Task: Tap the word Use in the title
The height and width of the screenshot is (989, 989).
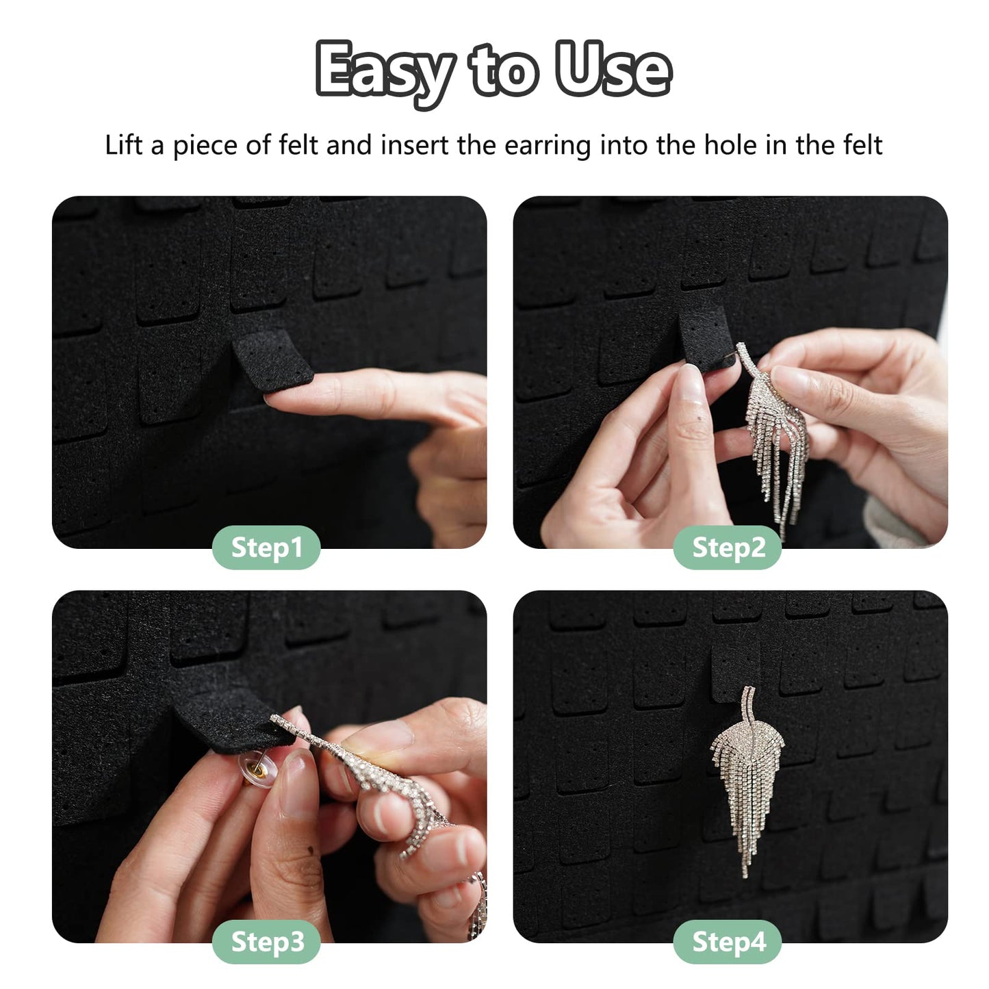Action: (x=613, y=68)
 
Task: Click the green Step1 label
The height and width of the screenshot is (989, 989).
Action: (x=266, y=548)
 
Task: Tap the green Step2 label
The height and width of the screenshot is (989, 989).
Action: (x=728, y=548)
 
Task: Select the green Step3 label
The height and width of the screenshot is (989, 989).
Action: (x=266, y=942)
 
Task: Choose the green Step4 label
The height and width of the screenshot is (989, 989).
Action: (x=728, y=942)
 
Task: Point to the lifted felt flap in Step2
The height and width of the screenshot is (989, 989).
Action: (x=705, y=335)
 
